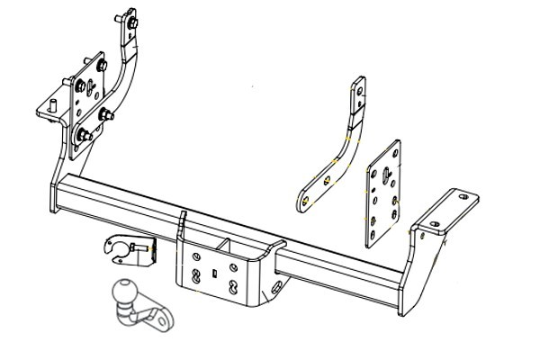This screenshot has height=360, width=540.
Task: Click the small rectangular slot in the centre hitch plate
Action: [213, 270]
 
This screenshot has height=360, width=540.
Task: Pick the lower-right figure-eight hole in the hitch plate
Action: [234, 287]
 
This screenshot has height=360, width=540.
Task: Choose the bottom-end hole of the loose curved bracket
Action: [307, 199]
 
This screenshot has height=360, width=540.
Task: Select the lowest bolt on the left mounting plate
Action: [83, 136]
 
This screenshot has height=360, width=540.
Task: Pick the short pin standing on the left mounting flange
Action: [53, 106]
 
